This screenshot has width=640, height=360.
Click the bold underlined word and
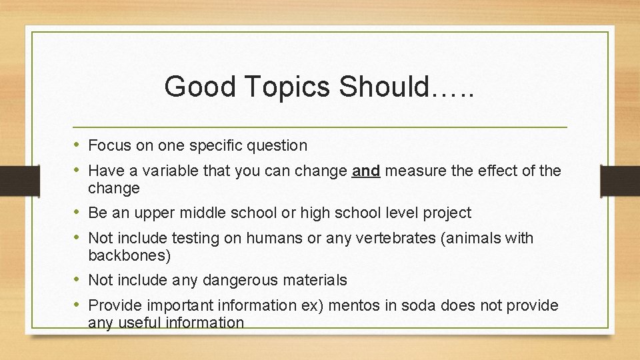(x=366, y=171)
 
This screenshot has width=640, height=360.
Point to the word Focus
(x=109, y=145)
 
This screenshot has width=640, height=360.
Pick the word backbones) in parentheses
(x=129, y=255)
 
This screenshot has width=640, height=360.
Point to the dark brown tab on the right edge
(x=620, y=181)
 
